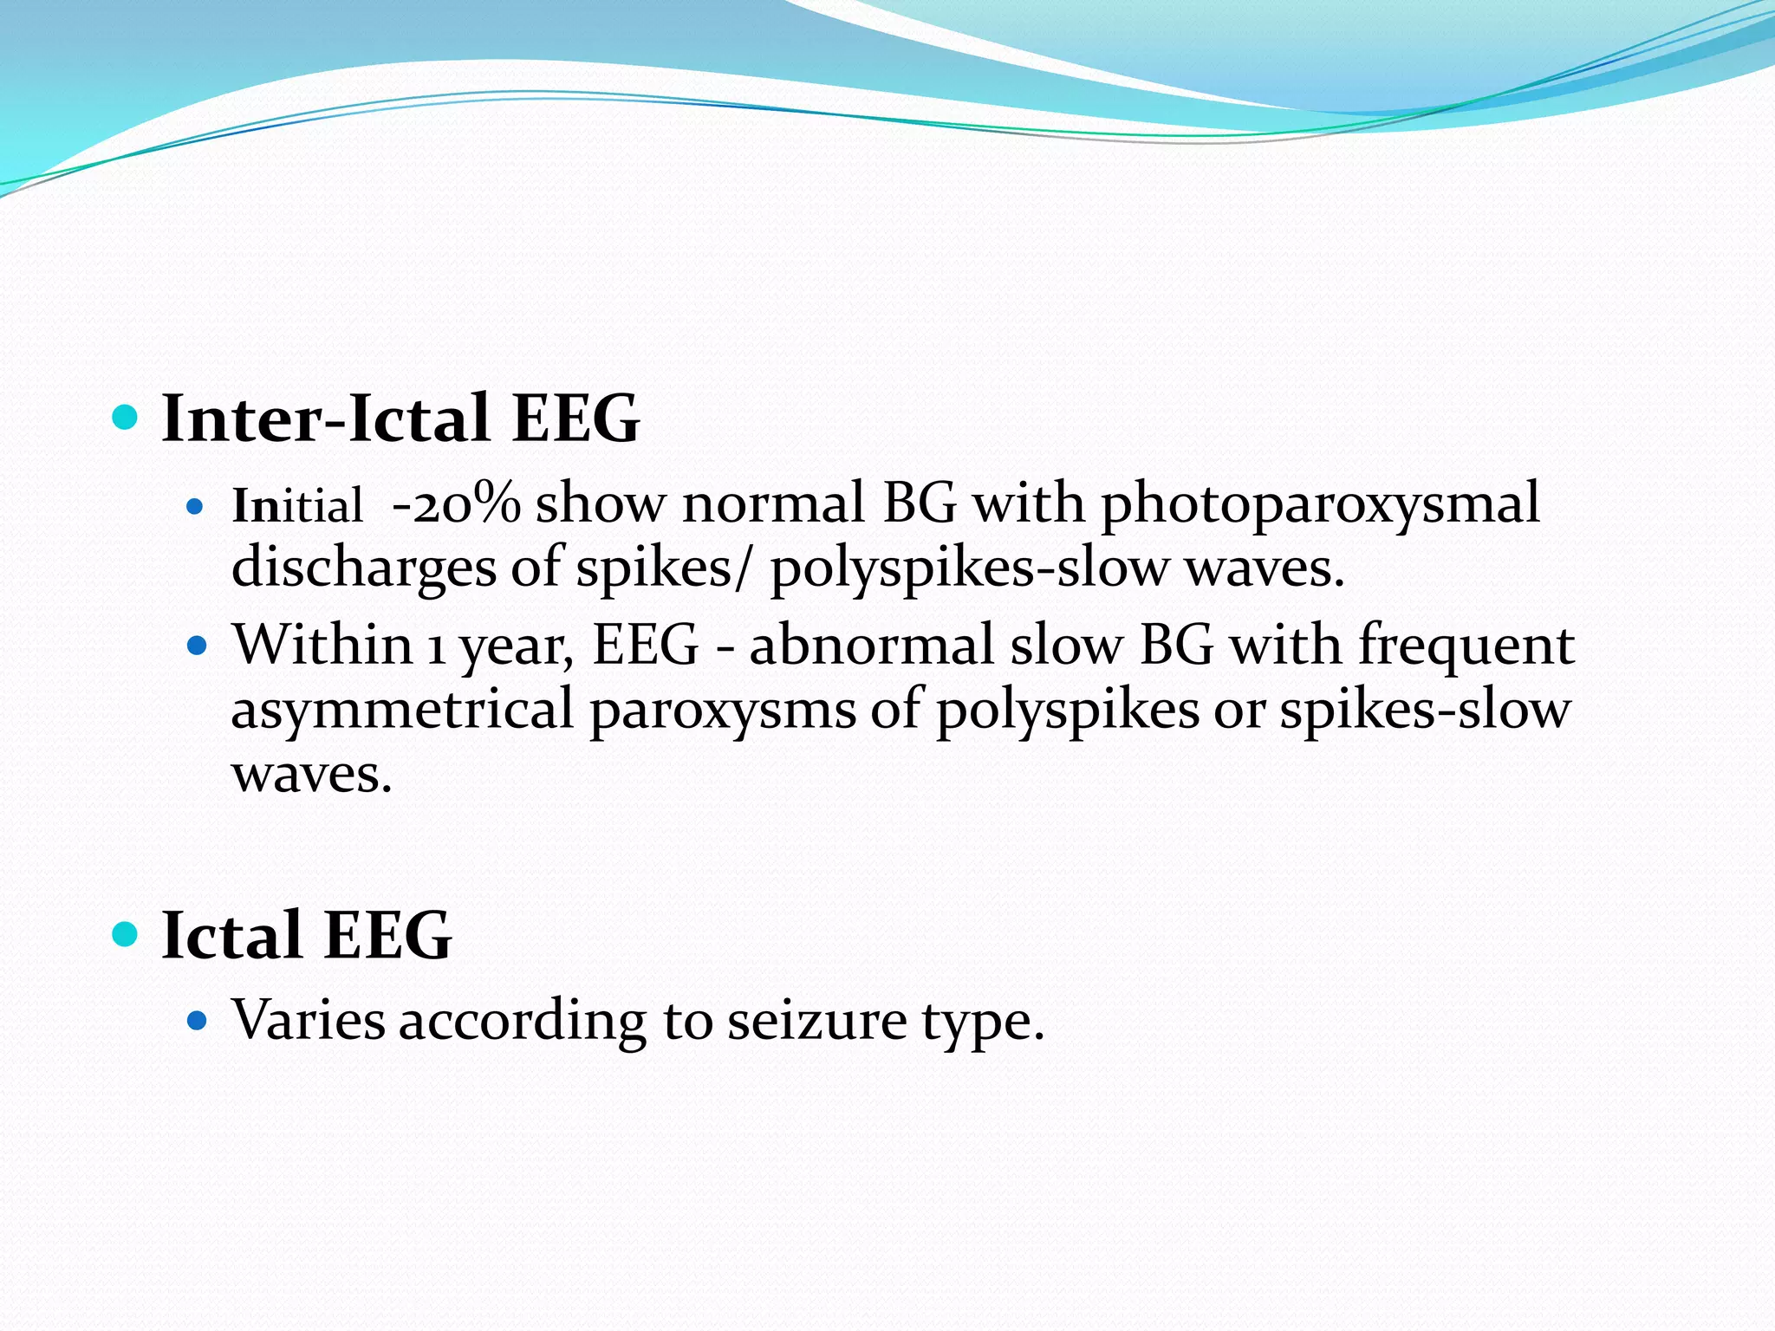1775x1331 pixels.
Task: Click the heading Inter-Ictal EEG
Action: pyautogui.click(x=400, y=419)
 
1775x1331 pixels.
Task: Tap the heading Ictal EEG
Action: pyautogui.click(x=306, y=935)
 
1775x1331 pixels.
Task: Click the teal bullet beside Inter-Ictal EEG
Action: pyautogui.click(x=126, y=418)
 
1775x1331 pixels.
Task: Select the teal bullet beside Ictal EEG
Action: pyautogui.click(x=126, y=934)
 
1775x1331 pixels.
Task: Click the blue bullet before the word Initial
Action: pyautogui.click(x=195, y=506)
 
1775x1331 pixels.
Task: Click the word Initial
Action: pyautogui.click(x=297, y=505)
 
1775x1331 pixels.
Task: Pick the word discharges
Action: pyautogui.click(x=363, y=569)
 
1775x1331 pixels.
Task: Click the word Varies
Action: pyautogui.click(x=308, y=1020)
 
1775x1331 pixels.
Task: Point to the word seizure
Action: pyautogui.click(x=816, y=1021)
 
